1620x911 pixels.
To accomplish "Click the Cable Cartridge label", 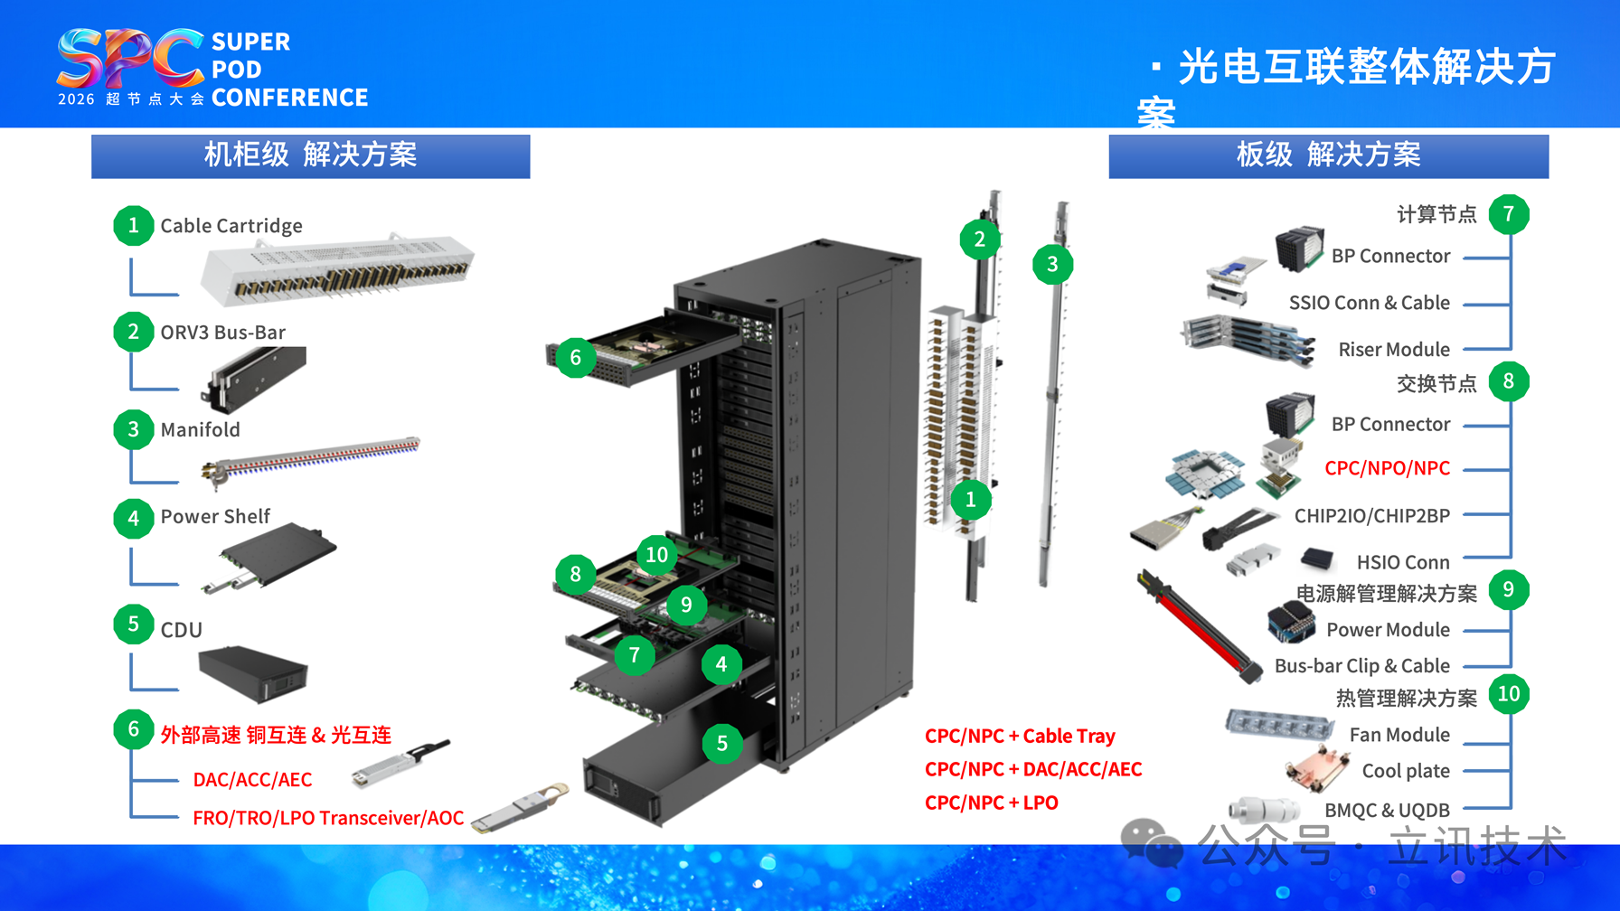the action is pos(231,226).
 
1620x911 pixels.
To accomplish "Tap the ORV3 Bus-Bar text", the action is pos(223,333).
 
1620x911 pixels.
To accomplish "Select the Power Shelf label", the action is pos(215,516).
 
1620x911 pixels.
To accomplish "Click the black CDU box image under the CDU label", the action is pos(253,673).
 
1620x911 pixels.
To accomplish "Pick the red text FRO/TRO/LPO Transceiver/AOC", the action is pos(328,818).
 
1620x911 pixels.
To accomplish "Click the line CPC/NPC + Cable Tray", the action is pos(1020,736).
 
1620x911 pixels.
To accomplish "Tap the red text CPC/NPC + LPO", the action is pos(991,803).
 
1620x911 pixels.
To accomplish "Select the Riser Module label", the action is pos(1394,350).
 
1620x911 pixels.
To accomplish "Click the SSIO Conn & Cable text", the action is pos(1370,303).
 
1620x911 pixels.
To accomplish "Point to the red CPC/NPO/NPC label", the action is pos(1387,468).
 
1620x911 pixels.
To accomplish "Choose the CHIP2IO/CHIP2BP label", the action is pos(1372,516).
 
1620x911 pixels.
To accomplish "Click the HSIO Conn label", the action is pos(1403,563).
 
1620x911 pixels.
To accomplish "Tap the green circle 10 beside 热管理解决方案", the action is pos(1509,694).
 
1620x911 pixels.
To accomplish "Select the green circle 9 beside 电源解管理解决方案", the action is pos(1509,590).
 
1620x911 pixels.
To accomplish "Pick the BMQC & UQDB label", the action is pos(1387,811).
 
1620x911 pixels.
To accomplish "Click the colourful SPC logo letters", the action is pos(130,58).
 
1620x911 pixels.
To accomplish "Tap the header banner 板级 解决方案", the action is pos(1329,155).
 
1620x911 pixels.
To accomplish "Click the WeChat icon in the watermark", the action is pos(1152,844).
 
